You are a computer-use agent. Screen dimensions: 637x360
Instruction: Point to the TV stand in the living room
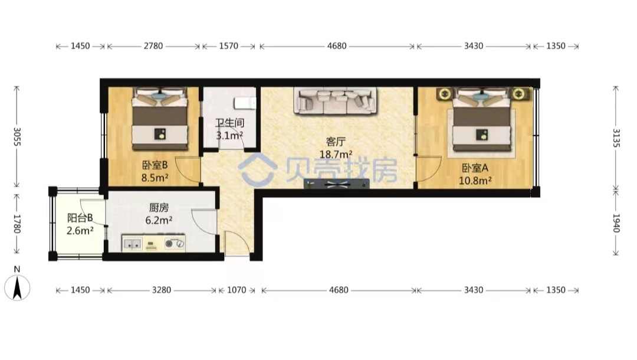(x=337, y=184)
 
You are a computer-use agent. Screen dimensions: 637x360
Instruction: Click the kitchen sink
(x=133, y=244)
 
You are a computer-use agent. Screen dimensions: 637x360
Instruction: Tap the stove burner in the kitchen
(x=175, y=243)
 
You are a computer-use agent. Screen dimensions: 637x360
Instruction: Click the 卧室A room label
(x=475, y=168)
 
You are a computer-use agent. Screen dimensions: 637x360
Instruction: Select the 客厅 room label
(x=336, y=142)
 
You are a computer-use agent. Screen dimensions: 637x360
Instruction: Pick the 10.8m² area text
(x=475, y=181)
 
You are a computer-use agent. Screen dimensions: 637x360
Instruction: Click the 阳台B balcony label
(x=80, y=218)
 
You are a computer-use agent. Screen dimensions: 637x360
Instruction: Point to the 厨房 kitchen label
(x=159, y=208)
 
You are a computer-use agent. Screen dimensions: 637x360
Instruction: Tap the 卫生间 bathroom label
(x=229, y=123)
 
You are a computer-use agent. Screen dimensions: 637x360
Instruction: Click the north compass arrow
(x=17, y=287)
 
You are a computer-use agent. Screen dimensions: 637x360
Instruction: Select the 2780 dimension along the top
(x=153, y=46)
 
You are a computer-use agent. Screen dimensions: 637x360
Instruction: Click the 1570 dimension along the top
(x=229, y=46)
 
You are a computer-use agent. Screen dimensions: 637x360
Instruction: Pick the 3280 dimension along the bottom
(x=161, y=290)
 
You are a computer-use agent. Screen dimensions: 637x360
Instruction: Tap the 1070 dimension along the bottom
(x=237, y=290)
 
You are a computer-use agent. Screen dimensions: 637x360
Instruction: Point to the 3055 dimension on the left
(x=17, y=136)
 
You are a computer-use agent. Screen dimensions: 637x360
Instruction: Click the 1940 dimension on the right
(x=616, y=223)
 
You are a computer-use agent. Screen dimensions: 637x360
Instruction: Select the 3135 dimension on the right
(x=616, y=139)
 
